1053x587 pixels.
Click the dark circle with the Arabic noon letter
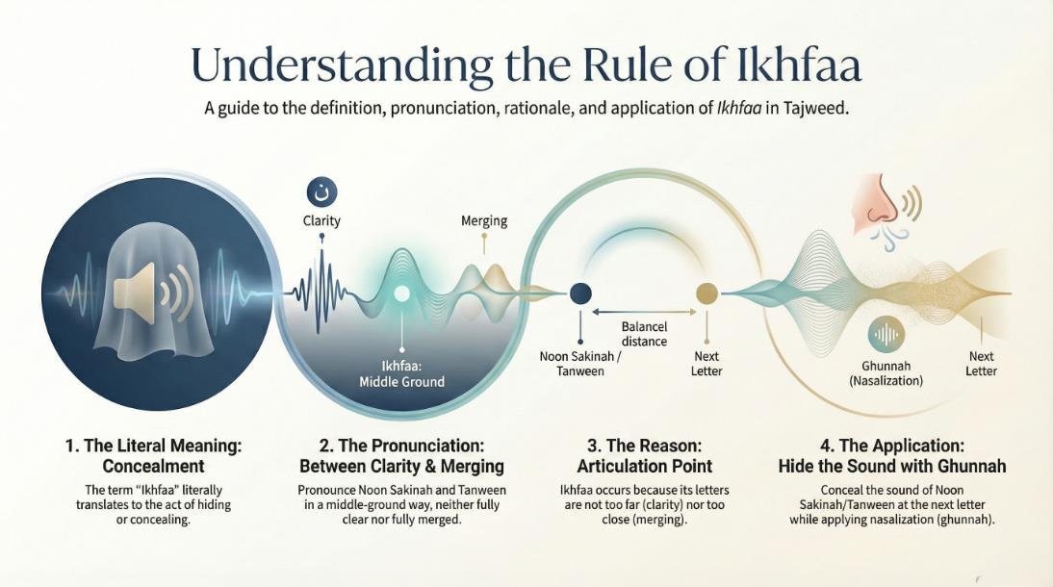[x=321, y=192]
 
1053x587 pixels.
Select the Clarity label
[x=321, y=220]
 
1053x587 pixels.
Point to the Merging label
[x=483, y=220]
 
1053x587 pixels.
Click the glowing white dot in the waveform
[x=401, y=293]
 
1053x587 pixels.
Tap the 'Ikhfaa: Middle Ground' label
[x=401, y=374]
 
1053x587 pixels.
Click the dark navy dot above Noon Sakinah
[x=580, y=293]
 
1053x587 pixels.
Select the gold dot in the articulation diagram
[x=706, y=293]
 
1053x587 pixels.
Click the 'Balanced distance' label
[x=644, y=334]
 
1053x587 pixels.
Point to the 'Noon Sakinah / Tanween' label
[x=580, y=364]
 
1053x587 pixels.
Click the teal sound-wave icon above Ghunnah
[x=886, y=334]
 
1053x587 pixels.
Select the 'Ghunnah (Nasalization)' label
[x=886, y=372]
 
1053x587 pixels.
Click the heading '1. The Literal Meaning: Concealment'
[x=153, y=455]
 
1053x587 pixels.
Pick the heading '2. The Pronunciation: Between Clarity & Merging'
[x=401, y=455]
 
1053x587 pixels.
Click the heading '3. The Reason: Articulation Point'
[x=644, y=455]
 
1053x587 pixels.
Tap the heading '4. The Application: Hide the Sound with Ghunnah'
[x=892, y=455]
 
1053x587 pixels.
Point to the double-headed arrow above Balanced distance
[x=644, y=312]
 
